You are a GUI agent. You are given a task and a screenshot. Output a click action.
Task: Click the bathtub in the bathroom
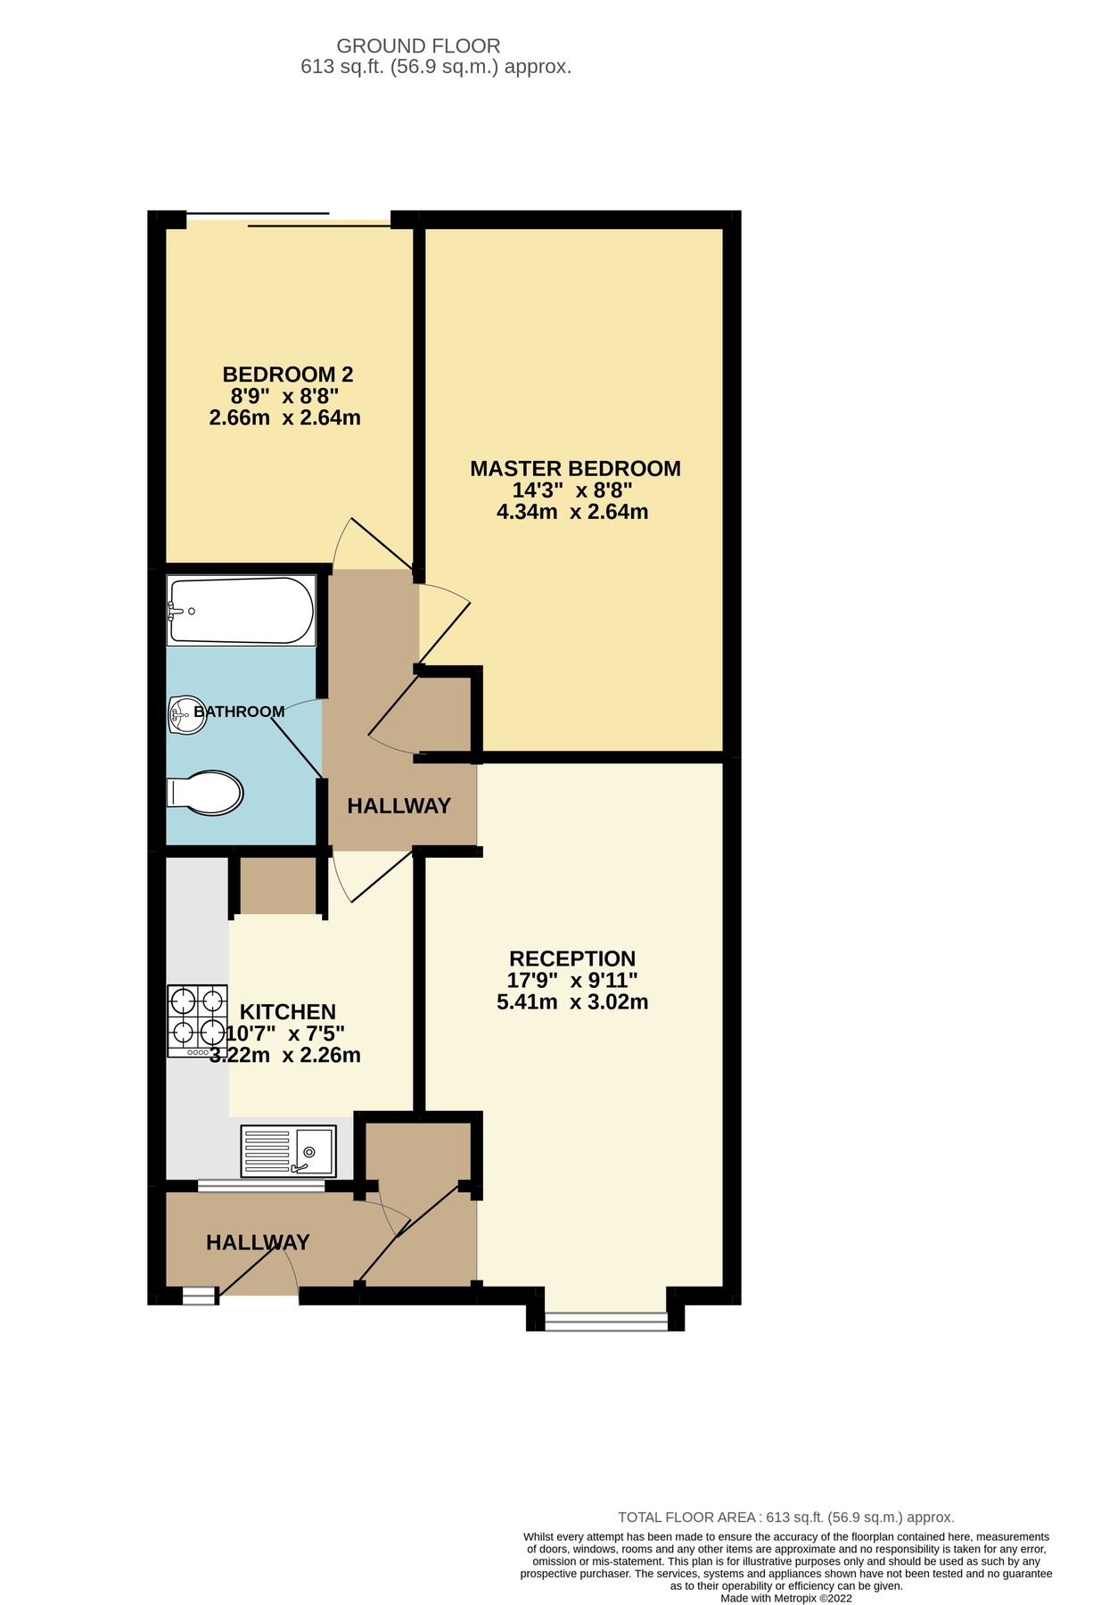point(241,611)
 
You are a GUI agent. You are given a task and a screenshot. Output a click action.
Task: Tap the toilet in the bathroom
point(206,793)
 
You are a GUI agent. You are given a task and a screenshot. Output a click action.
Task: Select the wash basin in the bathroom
point(187,714)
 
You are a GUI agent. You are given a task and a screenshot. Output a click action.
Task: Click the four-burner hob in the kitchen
point(197,1020)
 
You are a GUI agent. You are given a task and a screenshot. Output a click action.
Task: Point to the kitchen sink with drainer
point(287,1150)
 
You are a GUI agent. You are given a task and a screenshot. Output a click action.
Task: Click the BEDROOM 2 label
point(288,374)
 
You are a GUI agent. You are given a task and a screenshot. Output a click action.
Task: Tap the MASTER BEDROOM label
point(575,469)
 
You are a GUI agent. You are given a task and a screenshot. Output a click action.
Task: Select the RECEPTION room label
point(572,959)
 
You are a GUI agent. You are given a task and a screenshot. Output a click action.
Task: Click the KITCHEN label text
point(288,1012)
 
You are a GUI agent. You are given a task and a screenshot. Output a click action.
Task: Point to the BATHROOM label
point(239,712)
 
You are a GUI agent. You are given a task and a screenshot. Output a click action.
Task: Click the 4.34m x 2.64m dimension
point(572,512)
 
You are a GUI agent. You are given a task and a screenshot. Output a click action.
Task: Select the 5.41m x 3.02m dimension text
point(572,1001)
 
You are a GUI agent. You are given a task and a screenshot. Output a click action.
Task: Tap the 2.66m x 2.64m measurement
point(284,417)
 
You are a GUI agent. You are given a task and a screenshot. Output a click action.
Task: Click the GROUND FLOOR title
point(418,45)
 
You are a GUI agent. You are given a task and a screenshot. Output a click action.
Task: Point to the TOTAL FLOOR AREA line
point(785,1517)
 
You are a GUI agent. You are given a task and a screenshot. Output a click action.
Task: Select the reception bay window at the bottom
point(605,1321)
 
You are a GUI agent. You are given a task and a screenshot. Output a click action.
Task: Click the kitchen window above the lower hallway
point(261,1186)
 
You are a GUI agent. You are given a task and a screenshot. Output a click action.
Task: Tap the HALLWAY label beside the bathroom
point(398,806)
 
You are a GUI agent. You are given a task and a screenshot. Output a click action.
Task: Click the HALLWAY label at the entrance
point(258,1242)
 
